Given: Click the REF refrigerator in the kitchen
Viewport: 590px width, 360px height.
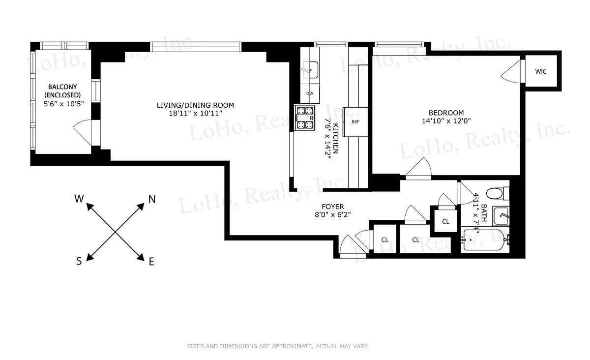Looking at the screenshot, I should pyautogui.click(x=355, y=121).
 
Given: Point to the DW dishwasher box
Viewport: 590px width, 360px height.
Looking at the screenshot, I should pyautogui.click(x=310, y=93).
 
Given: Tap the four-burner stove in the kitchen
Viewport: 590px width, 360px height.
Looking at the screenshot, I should pyautogui.click(x=304, y=118).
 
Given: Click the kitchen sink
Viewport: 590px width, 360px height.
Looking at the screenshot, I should pyautogui.click(x=310, y=70).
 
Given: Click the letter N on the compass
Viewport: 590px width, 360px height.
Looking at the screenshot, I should pyautogui.click(x=152, y=200).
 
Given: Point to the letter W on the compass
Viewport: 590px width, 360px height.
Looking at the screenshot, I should pyautogui.click(x=79, y=199).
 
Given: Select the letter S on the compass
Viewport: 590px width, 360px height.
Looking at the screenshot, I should pyautogui.click(x=79, y=262).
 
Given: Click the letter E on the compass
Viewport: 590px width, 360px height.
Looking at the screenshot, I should pyautogui.click(x=151, y=262).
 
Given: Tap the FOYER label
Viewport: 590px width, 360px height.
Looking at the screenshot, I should pyautogui.click(x=333, y=207).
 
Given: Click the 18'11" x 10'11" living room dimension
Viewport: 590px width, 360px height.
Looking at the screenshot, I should pyautogui.click(x=195, y=113).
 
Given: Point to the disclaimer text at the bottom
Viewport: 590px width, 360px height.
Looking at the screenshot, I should pyautogui.click(x=277, y=346).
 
